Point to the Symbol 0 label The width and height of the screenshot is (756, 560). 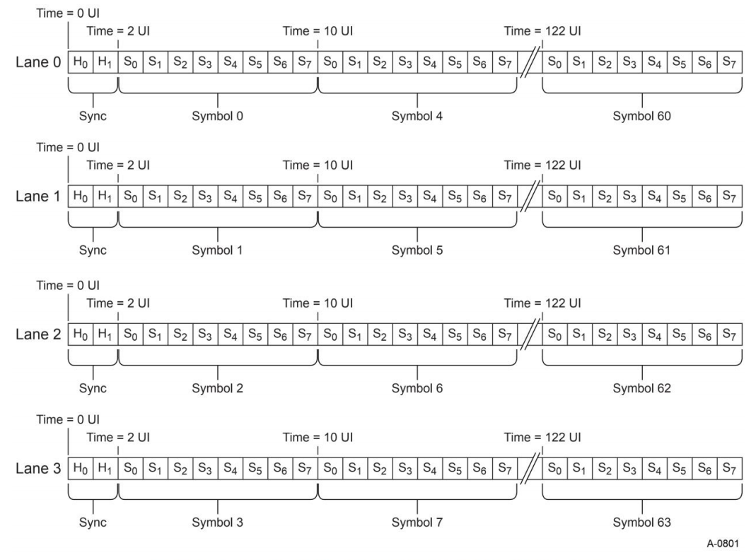tap(217, 116)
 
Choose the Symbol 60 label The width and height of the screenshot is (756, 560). tap(642, 116)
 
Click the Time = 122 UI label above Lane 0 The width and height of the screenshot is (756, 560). tap(542, 30)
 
